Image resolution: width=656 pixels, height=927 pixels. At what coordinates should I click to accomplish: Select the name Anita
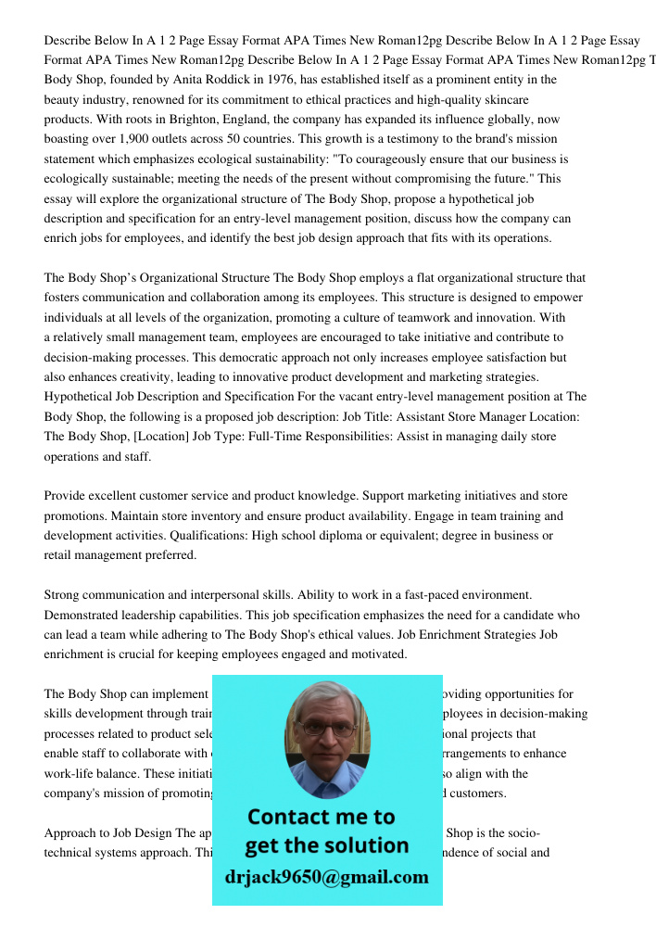tap(191, 80)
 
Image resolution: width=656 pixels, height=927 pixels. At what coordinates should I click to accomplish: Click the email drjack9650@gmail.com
tap(326, 877)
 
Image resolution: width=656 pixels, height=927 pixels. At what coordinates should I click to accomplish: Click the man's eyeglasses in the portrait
tap(326, 728)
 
